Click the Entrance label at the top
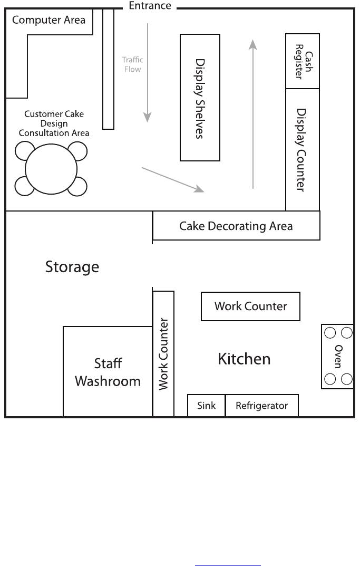[150, 6]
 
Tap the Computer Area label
[48, 20]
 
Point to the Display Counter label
[301, 150]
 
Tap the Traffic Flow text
[132, 64]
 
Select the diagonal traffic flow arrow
[173, 180]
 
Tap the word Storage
[72, 267]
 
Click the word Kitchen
[244, 359]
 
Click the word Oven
[338, 356]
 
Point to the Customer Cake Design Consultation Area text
[54, 123]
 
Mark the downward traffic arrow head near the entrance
[147, 117]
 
